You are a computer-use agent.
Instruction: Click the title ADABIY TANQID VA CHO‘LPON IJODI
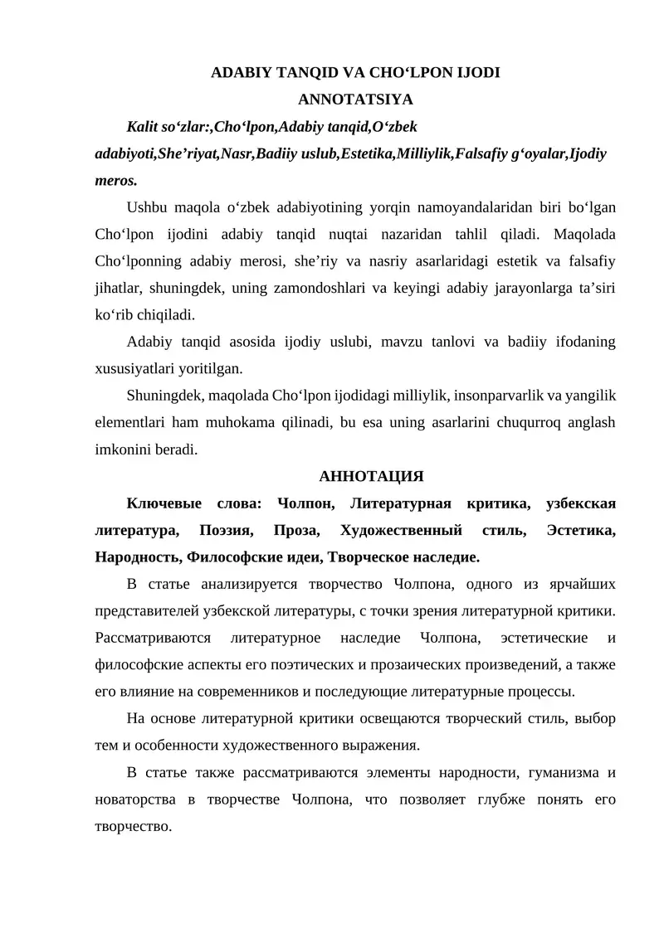tap(355, 72)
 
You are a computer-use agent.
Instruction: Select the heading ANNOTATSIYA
tap(355, 100)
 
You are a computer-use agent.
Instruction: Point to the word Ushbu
tap(147, 207)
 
